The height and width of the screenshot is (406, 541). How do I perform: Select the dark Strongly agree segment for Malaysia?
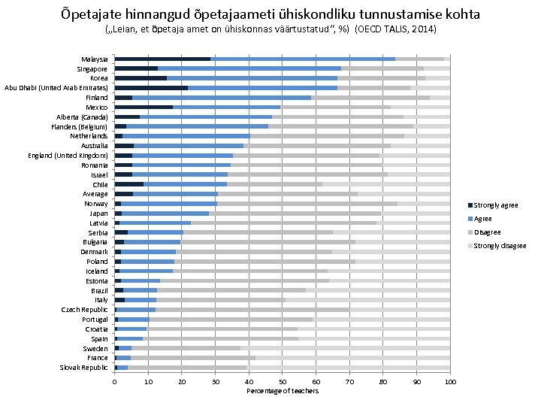(162, 59)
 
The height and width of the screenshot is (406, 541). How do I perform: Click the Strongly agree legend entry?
(495, 205)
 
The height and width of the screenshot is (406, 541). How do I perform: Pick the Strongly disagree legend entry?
(500, 246)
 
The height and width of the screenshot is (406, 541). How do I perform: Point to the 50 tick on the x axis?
(283, 382)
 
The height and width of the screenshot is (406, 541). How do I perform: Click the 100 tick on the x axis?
(449, 382)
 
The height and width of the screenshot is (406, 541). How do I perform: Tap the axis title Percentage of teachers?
(283, 391)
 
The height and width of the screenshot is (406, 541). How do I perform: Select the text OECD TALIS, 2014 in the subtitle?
(394, 29)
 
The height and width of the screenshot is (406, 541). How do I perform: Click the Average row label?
(95, 194)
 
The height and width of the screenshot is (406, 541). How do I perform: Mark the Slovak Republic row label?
(84, 368)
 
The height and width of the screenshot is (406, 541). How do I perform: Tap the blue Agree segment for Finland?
(222, 97)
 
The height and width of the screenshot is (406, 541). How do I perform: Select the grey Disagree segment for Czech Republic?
(252, 310)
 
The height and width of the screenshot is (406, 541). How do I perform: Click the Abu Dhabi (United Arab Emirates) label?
(56, 88)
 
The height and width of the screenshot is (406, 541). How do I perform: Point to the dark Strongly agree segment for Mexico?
(144, 107)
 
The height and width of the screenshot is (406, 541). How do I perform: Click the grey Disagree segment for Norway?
(307, 204)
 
